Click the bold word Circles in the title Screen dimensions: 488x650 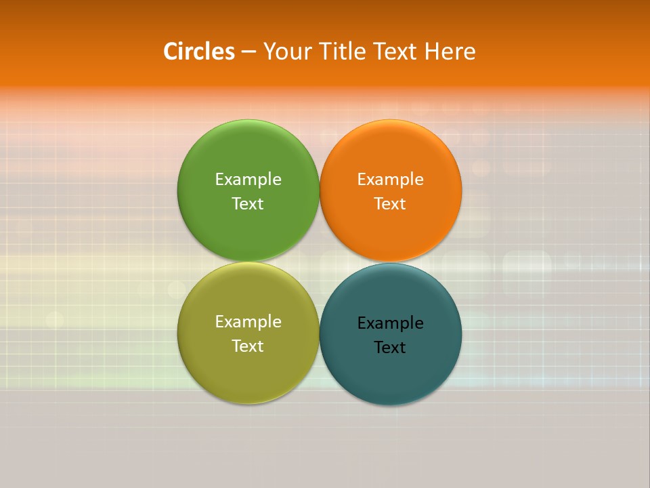[x=199, y=52]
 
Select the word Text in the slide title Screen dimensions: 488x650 [x=397, y=52]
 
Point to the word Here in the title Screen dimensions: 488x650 [x=450, y=52]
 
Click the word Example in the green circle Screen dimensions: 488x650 [x=248, y=180]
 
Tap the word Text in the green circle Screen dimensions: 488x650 [x=248, y=204]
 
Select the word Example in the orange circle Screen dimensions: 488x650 [x=390, y=180]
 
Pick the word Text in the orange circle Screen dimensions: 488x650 [x=390, y=204]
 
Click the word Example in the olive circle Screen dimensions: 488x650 [x=248, y=322]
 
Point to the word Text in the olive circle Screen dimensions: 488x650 [x=248, y=346]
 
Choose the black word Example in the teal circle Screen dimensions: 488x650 [x=390, y=323]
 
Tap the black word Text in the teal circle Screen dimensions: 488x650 [x=390, y=348]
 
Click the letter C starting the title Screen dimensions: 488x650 [x=171, y=52]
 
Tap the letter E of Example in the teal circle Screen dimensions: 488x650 [x=362, y=323]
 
